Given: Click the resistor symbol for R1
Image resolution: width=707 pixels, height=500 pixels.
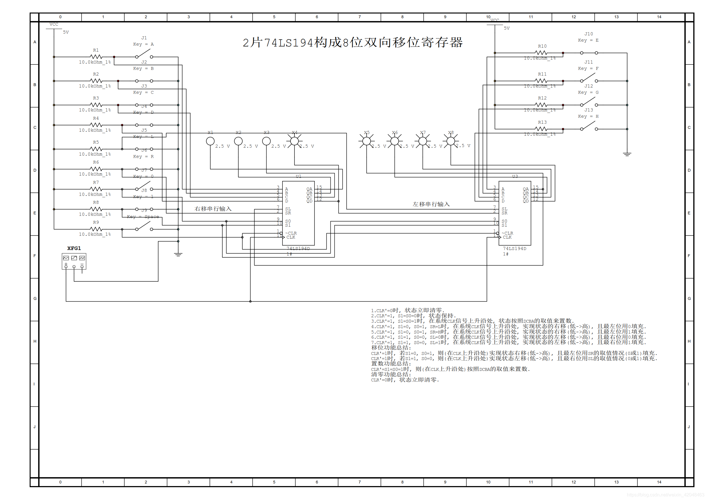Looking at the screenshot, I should click(x=96, y=57).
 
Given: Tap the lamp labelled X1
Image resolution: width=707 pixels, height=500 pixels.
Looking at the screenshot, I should click(x=210, y=141).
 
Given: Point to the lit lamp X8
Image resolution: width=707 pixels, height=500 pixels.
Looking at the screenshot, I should click(x=450, y=141).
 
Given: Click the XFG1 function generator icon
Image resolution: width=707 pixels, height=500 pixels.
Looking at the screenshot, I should click(x=74, y=261).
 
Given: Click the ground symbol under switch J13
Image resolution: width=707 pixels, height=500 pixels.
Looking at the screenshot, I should click(x=627, y=154).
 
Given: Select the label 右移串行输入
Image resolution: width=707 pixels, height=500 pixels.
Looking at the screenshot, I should click(x=213, y=209).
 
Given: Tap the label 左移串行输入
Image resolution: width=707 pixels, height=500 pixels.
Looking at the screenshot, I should click(x=431, y=204).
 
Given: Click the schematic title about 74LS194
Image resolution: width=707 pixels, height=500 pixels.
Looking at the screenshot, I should click(x=353, y=42).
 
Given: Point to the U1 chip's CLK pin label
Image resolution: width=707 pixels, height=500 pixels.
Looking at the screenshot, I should click(x=291, y=237).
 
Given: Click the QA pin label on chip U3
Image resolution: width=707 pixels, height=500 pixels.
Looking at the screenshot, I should click(x=525, y=189).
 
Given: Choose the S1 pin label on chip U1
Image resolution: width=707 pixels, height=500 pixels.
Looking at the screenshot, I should click(x=288, y=225).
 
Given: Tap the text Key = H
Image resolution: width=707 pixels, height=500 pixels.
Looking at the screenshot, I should click(x=588, y=116).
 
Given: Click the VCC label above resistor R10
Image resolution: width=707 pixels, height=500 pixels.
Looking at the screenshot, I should click(x=495, y=20).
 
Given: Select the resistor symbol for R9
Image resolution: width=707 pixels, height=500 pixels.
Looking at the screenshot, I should click(x=96, y=229).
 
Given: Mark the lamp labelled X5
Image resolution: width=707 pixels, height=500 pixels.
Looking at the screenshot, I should click(x=366, y=141).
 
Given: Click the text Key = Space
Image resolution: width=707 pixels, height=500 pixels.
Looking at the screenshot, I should click(x=143, y=217).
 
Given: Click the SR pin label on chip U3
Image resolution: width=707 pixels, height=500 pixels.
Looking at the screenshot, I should click(x=504, y=213).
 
